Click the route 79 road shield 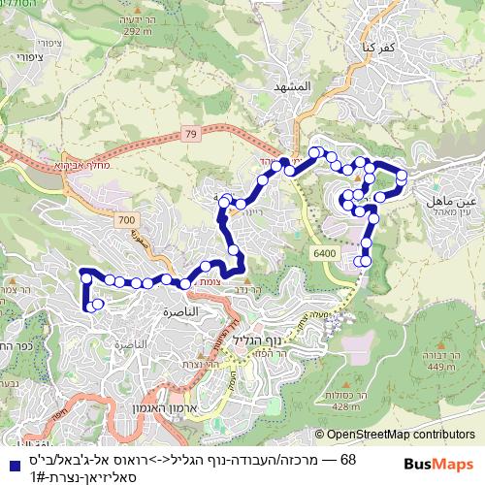tap(186, 133)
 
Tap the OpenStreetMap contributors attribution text tap(400, 436)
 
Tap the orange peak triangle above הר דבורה tap(444, 345)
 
